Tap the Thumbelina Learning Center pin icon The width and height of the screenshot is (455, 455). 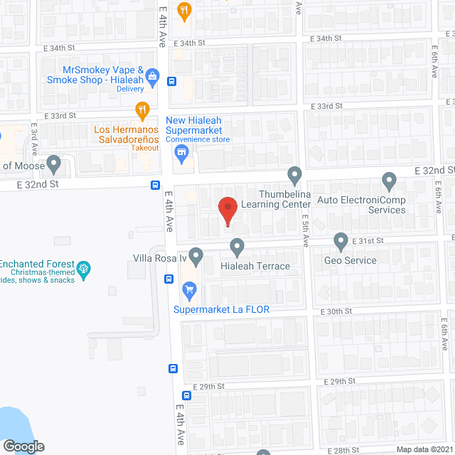coord(295,175)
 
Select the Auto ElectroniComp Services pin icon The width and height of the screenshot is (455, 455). coord(389,181)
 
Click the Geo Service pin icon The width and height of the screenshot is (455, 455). coord(341,242)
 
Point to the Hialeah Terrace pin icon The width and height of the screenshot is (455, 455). coord(237,247)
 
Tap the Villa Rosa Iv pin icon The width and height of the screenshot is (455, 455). coord(196,255)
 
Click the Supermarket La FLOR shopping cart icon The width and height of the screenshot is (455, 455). coord(189,289)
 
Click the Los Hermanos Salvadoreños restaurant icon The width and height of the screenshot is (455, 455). coord(142,110)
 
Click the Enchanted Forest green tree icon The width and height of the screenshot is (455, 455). coord(85,268)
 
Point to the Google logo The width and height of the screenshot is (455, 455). coord(23,446)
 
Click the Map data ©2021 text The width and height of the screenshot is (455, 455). coord(424,449)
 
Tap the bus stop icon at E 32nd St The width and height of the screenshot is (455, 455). coord(155,186)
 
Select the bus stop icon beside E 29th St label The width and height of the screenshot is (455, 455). coord(186,395)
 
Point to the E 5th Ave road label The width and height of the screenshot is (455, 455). coord(304,231)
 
